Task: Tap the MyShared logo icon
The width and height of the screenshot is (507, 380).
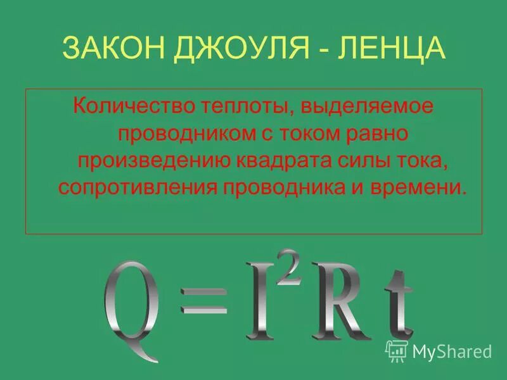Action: click(x=396, y=350)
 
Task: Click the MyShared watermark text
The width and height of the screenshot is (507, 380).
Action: click(x=452, y=351)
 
